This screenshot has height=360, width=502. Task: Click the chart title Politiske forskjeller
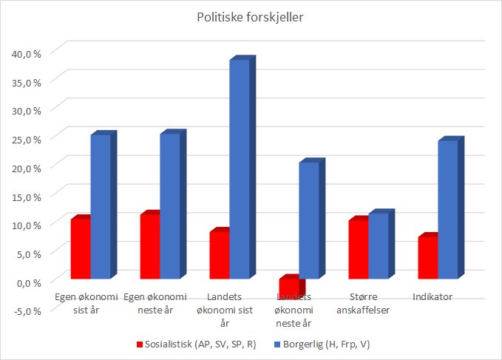pos(251,17)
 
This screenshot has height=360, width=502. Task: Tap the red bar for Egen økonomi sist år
pos(80,249)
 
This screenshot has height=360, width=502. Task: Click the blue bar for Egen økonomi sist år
pos(100,206)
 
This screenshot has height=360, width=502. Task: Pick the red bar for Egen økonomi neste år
pos(149,246)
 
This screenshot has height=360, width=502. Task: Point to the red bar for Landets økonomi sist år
pos(219,255)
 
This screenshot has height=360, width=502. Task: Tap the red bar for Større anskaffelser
pos(358,249)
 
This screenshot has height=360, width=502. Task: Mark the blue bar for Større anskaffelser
pos(378,246)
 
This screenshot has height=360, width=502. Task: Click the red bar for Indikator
pos(427,257)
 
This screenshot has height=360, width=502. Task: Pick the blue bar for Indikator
pos(447,209)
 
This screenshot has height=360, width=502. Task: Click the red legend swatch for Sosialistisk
pos(138,344)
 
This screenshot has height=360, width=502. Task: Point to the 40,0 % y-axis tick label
pos(27,52)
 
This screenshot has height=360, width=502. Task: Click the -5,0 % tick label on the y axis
pos(27,310)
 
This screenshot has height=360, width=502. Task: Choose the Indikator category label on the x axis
pos(432,297)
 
